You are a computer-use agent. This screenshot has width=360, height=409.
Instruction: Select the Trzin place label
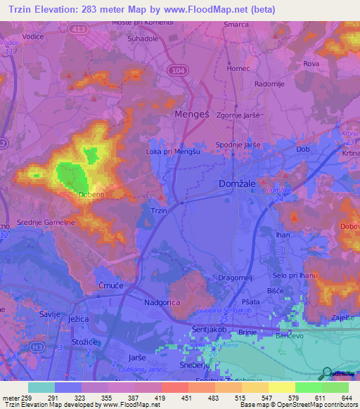(159, 210)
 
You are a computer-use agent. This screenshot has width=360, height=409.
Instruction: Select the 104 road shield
(178, 71)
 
